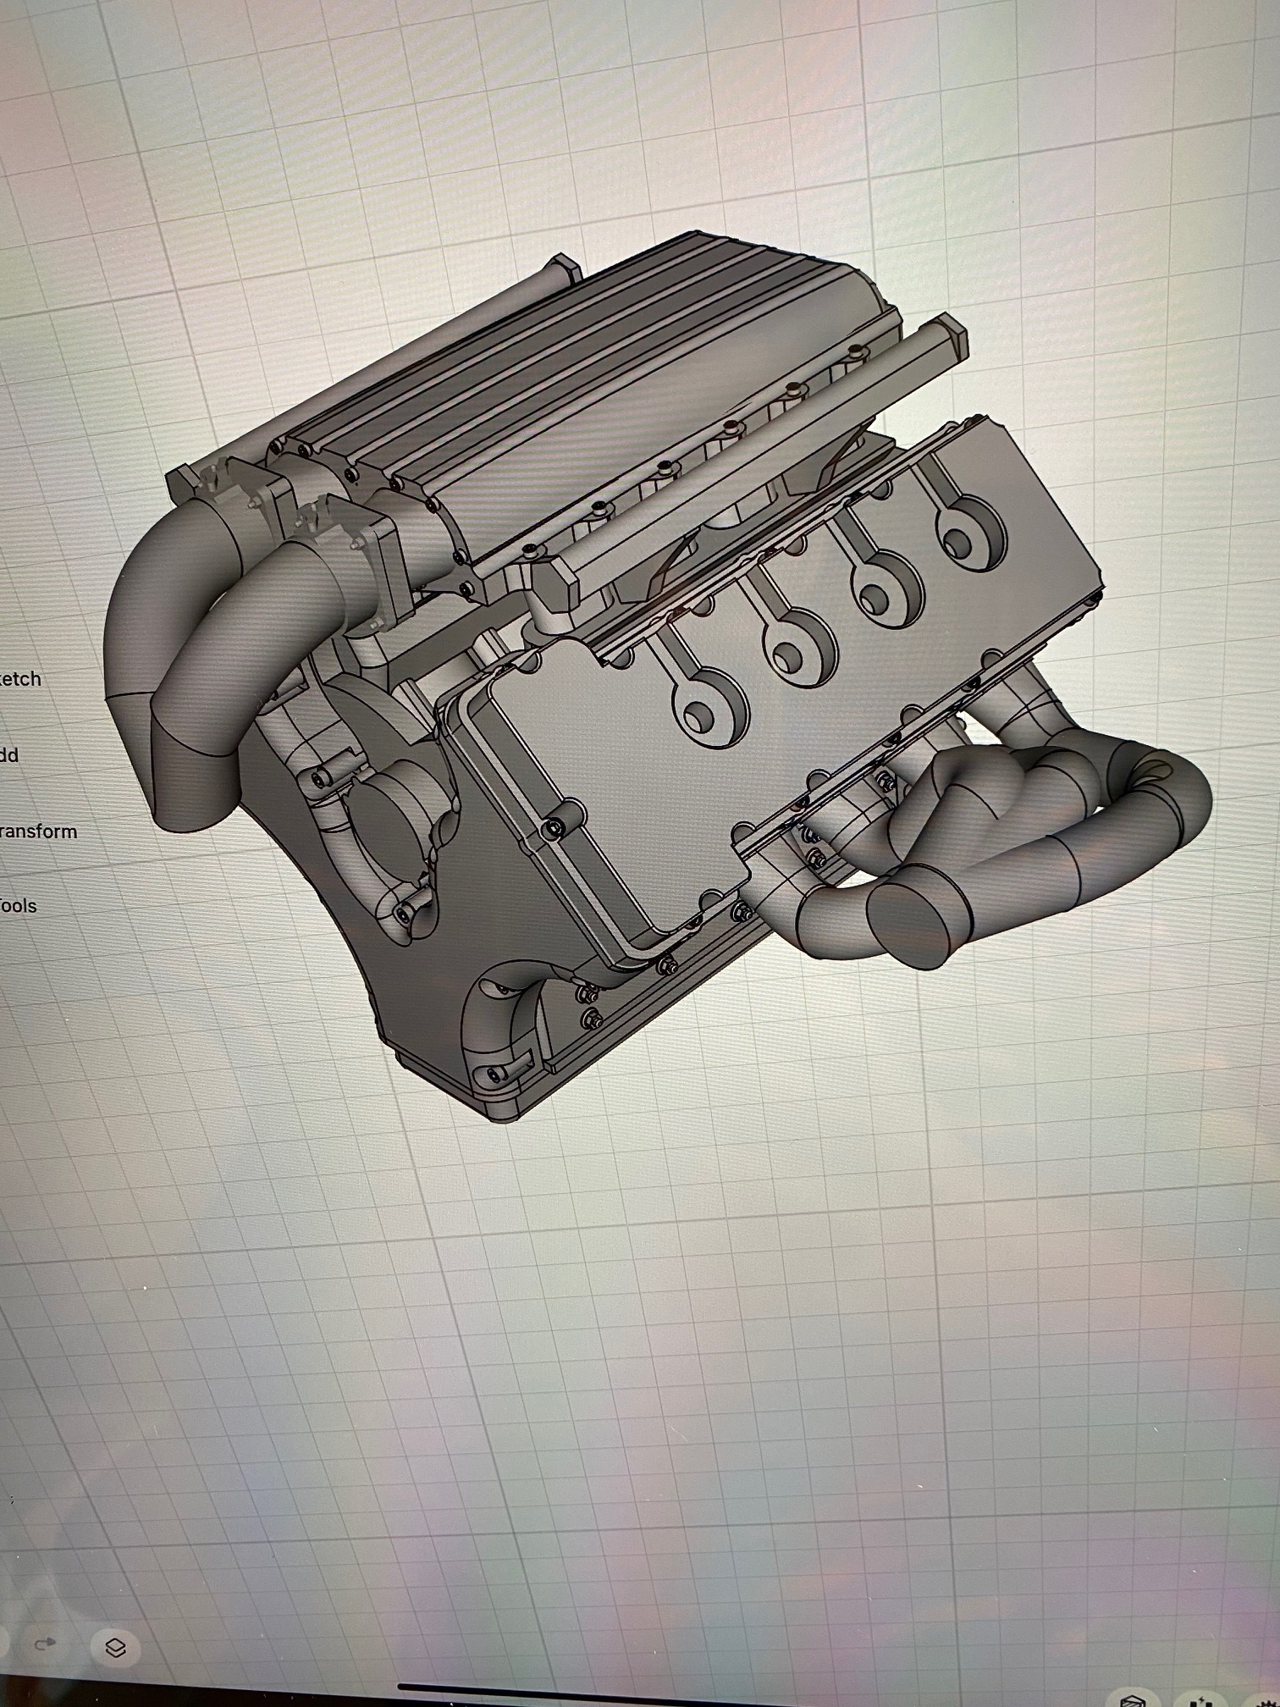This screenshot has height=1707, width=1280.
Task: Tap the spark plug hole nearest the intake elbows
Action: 709,710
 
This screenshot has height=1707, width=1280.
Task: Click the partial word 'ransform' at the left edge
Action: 38,831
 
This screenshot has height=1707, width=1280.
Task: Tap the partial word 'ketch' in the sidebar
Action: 21,678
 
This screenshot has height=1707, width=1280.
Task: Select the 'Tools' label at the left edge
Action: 19,905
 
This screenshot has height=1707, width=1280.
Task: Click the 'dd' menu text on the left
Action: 10,754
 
